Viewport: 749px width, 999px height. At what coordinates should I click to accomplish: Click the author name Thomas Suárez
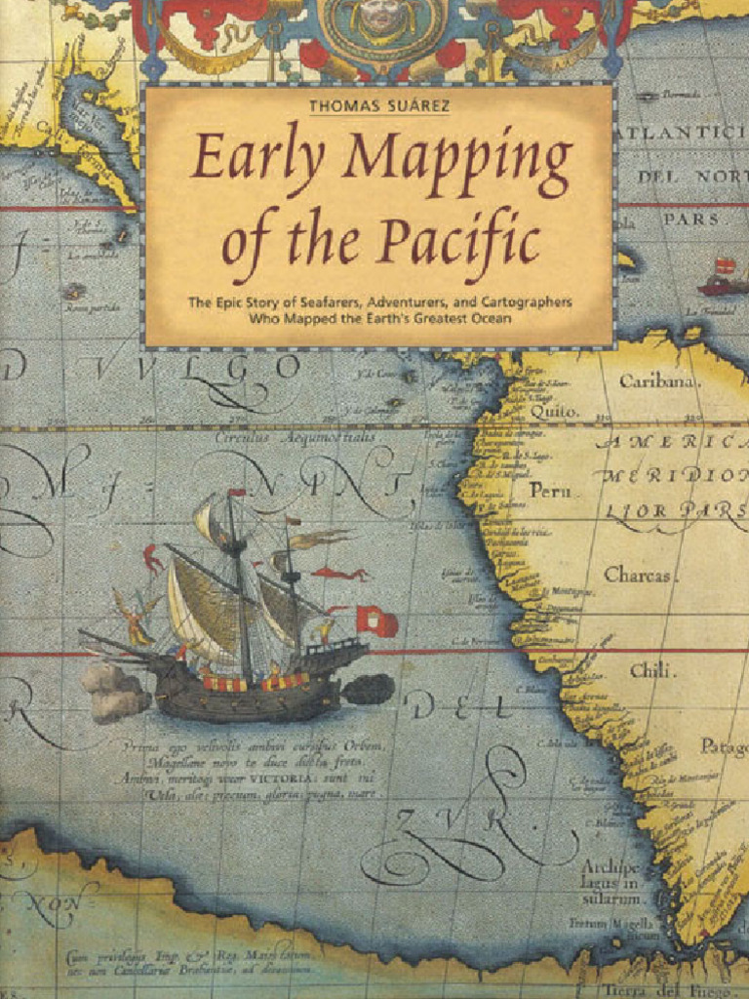click(x=379, y=105)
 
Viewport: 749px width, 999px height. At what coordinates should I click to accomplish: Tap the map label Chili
click(x=649, y=670)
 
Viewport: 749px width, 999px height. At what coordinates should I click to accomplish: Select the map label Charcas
click(x=637, y=575)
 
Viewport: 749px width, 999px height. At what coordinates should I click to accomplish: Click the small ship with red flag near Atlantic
click(x=722, y=279)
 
